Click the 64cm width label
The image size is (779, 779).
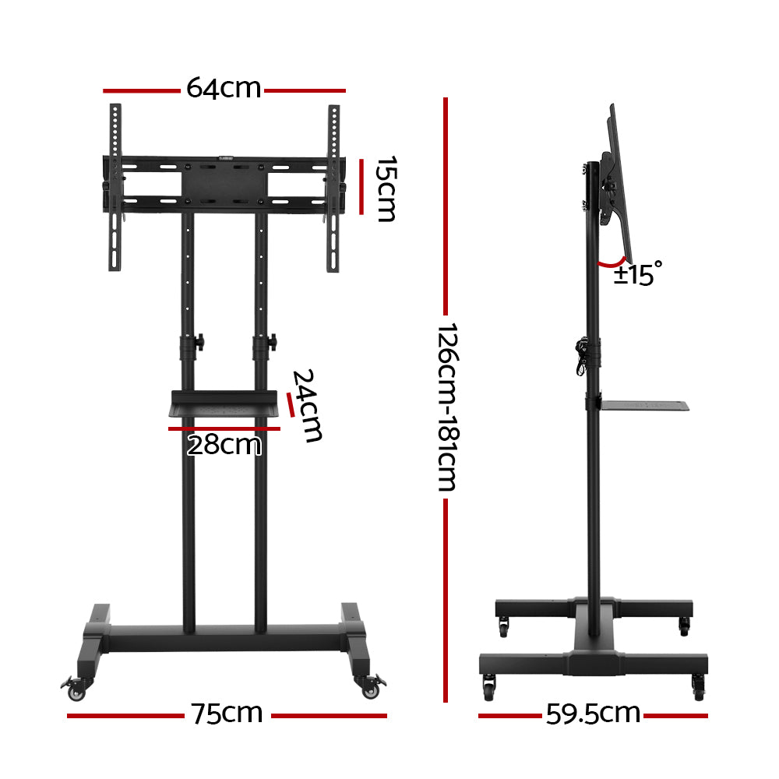coord(223,89)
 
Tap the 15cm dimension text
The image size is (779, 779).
coord(386,189)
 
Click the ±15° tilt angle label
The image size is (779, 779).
coord(636,274)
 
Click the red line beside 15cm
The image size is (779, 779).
coord(361,187)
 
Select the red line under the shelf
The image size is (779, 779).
coord(224,428)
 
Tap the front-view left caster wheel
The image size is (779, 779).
coord(76,687)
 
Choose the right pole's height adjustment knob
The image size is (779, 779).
coord(272,342)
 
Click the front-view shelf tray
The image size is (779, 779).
coord(225,404)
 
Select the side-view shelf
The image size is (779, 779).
coord(645,405)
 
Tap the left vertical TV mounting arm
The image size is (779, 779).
coord(115,187)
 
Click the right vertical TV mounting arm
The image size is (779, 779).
coord(333,187)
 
